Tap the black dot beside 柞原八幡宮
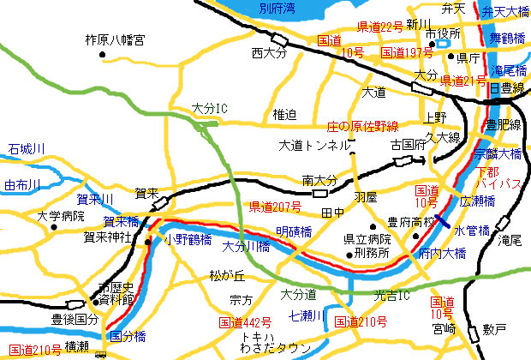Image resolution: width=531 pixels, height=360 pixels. tap(104, 56)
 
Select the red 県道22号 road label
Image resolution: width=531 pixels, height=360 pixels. tap(379, 26)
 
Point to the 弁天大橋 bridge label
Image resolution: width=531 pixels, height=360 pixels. tap(505, 11)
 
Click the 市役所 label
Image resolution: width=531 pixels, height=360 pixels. tap(443, 33)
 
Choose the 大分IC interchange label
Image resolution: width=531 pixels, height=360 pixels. tap(208, 109)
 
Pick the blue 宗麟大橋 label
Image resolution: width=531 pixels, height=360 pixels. tap(498, 153)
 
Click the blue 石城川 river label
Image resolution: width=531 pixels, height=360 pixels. tap(26, 149)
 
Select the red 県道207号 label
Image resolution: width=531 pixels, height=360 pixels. tap(275, 207)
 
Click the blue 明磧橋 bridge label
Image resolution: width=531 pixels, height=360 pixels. tap(294, 231)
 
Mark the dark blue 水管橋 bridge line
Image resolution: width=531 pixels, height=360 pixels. tap(442, 220)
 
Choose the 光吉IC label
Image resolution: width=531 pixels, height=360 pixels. tap(393, 295)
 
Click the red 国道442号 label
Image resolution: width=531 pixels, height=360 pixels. tap(245, 322)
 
